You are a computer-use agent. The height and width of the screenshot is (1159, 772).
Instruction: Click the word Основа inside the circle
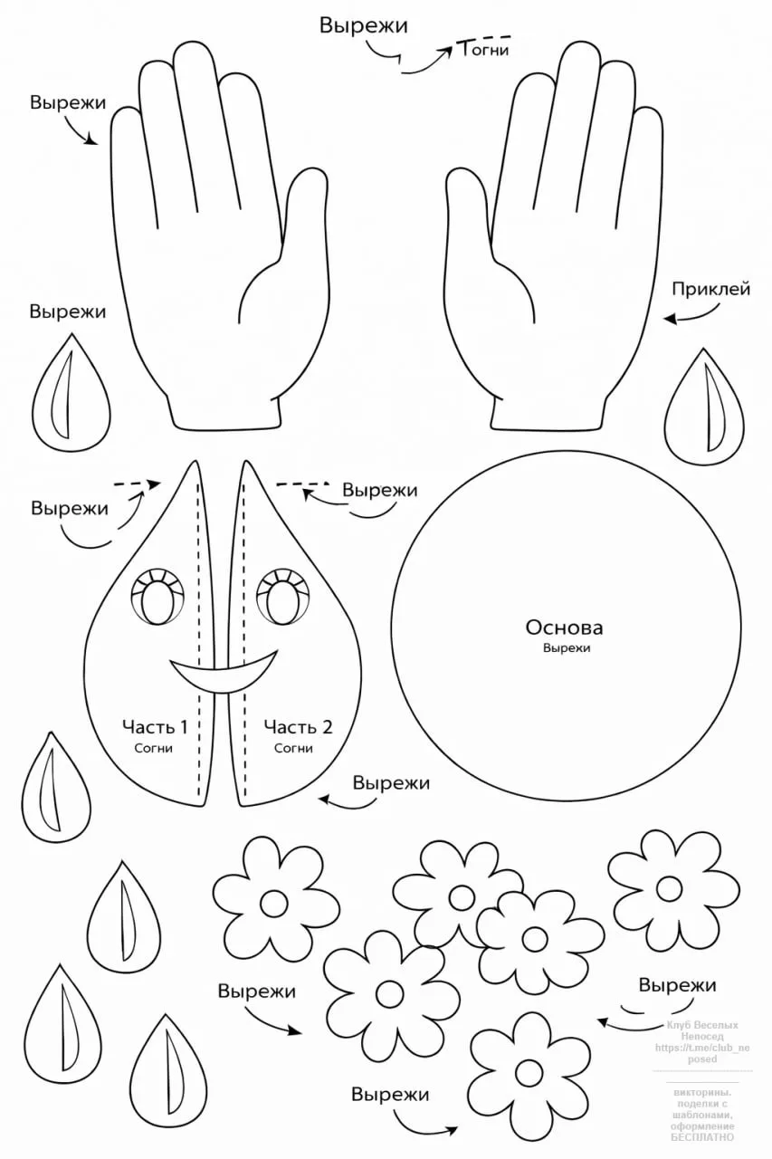pyautogui.click(x=564, y=627)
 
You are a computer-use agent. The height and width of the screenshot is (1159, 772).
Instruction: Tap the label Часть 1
pyautogui.click(x=155, y=726)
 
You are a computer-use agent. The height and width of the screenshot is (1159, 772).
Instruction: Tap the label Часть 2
pyautogui.click(x=298, y=726)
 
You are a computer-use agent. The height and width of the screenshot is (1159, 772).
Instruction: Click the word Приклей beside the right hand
pyautogui.click(x=710, y=290)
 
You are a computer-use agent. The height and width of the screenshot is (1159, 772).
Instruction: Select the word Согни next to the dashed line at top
pyautogui.click(x=485, y=50)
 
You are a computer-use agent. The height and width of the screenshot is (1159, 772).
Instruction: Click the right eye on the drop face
pyautogui.click(x=285, y=599)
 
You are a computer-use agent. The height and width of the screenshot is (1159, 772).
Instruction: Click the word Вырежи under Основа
pyautogui.click(x=566, y=649)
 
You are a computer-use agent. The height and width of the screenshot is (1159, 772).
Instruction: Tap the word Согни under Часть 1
pyautogui.click(x=155, y=749)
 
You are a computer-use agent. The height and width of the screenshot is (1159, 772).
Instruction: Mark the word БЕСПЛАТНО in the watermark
pyautogui.click(x=703, y=1137)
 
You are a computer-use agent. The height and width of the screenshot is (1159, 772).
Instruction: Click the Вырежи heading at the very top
pyautogui.click(x=363, y=25)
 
